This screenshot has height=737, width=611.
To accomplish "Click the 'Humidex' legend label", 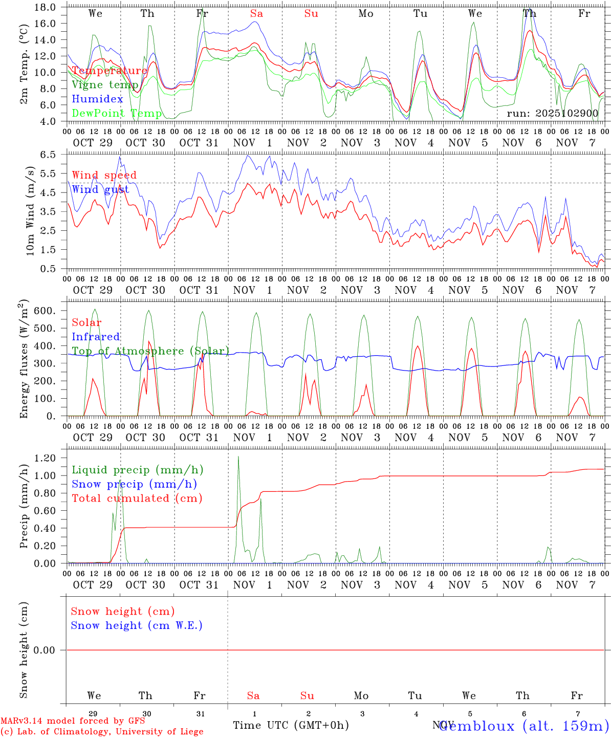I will [97, 99].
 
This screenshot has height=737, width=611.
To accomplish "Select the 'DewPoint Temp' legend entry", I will [117, 114].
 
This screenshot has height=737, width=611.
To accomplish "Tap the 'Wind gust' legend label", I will [100, 190].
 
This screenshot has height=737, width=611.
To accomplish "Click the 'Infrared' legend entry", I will [96, 337].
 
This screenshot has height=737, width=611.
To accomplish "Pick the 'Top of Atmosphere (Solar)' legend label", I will [150, 351].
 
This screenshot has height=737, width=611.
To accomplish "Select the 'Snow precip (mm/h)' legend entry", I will [134, 484].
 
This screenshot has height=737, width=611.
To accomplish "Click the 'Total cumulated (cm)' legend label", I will [137, 498].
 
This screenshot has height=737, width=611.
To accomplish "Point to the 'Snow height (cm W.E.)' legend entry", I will [137, 625].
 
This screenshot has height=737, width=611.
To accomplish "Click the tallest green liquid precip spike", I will [238, 457].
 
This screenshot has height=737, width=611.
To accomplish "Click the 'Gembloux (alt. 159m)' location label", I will [523, 726].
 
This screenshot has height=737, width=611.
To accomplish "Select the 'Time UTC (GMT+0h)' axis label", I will [291, 725].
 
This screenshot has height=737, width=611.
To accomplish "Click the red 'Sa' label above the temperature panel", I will [256, 14].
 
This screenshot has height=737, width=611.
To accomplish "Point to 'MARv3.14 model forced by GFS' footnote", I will [73, 721].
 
